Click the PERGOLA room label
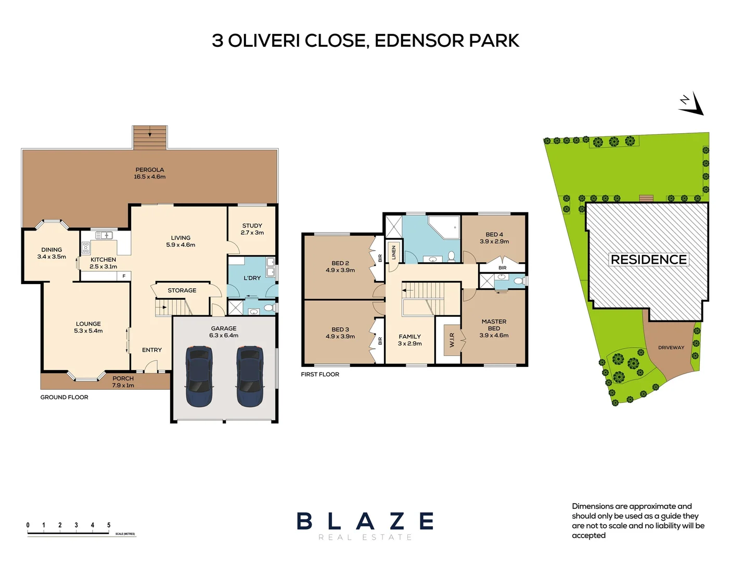pyautogui.click(x=150, y=170)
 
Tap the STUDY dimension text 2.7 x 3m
pyautogui.click(x=252, y=233)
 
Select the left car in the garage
pyautogui.click(x=199, y=377)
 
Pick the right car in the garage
pyautogui.click(x=250, y=377)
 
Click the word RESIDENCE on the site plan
pyautogui.click(x=649, y=259)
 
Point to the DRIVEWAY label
pyautogui.click(x=671, y=348)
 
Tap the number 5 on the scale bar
pyautogui.click(x=109, y=525)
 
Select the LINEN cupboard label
pyautogui.click(x=393, y=252)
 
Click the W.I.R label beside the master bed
pyautogui.click(x=452, y=340)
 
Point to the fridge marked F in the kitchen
pyautogui.click(x=124, y=276)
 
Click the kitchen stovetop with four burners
pyautogui.click(x=86, y=248)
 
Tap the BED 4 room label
pyautogui.click(x=494, y=234)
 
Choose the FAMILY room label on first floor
pyautogui.click(x=410, y=336)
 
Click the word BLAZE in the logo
pyautogui.click(x=365, y=521)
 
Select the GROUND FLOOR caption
pyautogui.click(x=64, y=397)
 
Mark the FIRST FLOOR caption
pyautogui.click(x=320, y=374)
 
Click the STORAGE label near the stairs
pyautogui.click(x=182, y=290)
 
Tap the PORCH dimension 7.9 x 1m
pyautogui.click(x=123, y=386)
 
